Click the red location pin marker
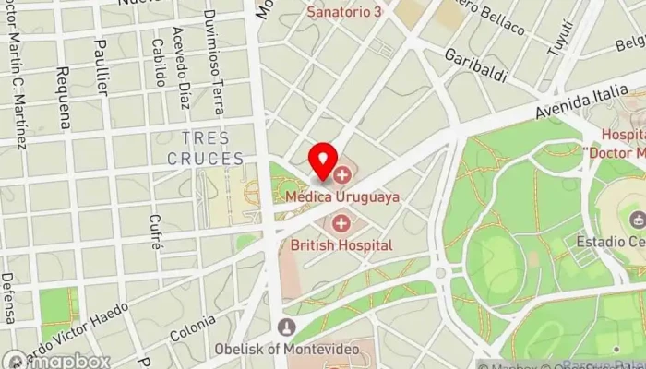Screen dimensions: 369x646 point(322,161)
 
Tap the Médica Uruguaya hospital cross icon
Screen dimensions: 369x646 point(342,174)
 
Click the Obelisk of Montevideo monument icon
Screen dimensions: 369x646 point(287,327)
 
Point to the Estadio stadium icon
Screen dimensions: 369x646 point(638,220)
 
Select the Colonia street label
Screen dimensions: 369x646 point(193,330)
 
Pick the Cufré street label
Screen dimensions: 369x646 point(155,232)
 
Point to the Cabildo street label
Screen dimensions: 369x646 point(159,63)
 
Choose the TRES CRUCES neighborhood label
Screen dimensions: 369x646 point(206,149)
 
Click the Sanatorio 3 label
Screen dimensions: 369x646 point(344,11)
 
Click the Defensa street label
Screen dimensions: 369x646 point(8,297)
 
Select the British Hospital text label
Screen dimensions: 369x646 point(341,245)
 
